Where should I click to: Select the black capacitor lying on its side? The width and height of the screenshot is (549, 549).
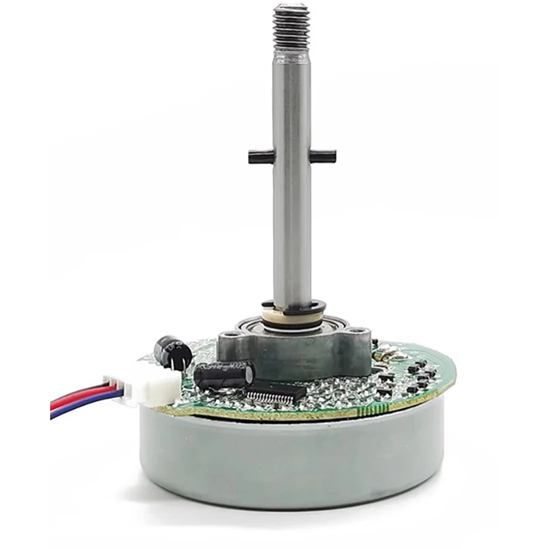click(x=223, y=375)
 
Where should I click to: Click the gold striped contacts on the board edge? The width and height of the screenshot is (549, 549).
click(x=384, y=406)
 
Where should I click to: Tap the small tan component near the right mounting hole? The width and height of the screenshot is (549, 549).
click(x=388, y=353)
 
